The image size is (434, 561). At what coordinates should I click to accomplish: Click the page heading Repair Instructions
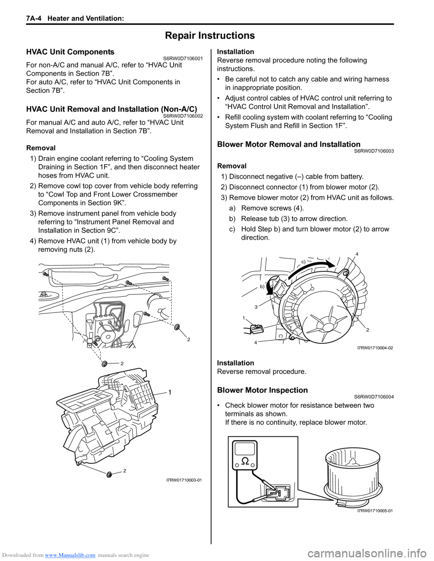210,36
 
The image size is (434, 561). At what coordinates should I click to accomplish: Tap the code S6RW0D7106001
181,59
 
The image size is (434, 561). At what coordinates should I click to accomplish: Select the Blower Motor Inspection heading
262,390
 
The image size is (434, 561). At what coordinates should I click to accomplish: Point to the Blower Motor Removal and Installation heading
288,145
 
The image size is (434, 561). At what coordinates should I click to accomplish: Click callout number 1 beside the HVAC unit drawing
170,393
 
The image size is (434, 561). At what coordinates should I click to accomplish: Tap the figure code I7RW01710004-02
375,348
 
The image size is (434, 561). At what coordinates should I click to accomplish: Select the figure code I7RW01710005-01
375,510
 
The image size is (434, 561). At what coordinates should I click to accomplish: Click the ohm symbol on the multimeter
245,461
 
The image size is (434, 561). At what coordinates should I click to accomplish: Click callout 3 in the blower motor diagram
256,307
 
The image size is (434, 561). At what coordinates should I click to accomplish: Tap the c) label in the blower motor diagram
304,262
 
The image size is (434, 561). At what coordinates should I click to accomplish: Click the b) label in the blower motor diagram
262,287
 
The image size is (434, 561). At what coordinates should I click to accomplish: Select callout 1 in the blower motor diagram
243,318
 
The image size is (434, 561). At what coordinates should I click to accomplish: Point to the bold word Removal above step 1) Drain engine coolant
41,148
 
